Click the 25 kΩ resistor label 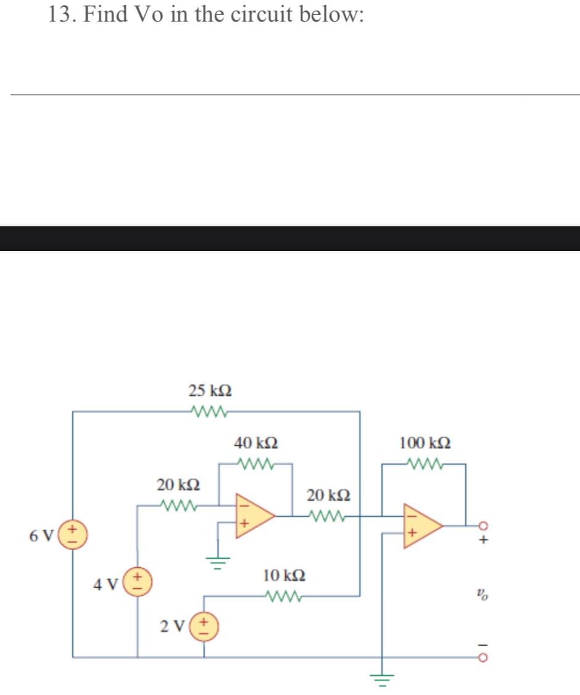tap(210, 391)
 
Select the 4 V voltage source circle tap(137, 583)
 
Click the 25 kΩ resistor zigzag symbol tap(210, 411)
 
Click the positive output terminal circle tap(483, 525)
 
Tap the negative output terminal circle tap(483, 657)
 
